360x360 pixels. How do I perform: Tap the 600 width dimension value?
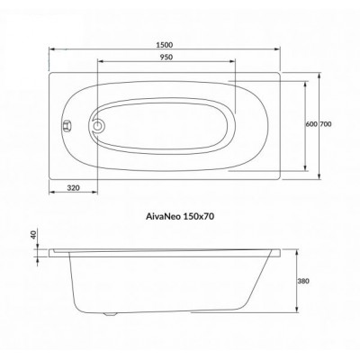[x=310, y=124]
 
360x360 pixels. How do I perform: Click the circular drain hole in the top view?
[x=99, y=126]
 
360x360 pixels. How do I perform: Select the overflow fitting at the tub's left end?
[x=64, y=126]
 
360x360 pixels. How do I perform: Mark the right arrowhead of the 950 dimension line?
[x=236, y=62]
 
